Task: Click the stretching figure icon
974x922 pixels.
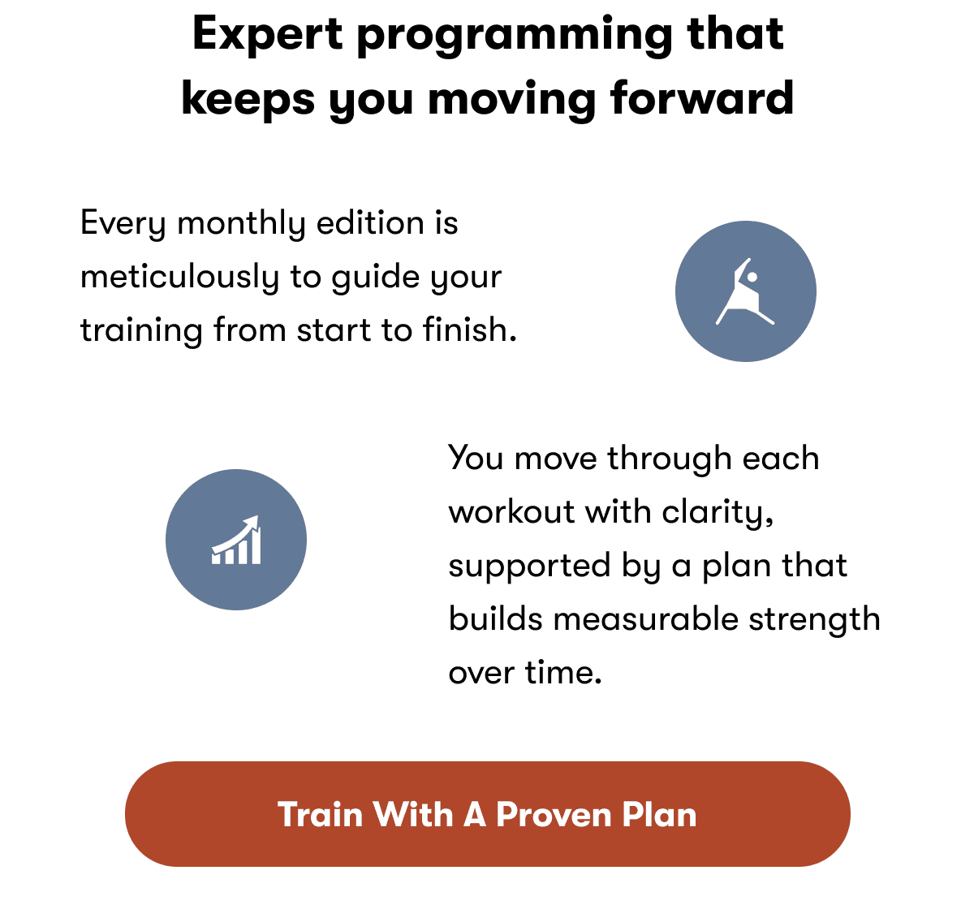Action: [x=745, y=291]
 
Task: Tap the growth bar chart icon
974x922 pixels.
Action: [x=236, y=540]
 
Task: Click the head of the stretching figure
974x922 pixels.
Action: [x=752, y=278]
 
